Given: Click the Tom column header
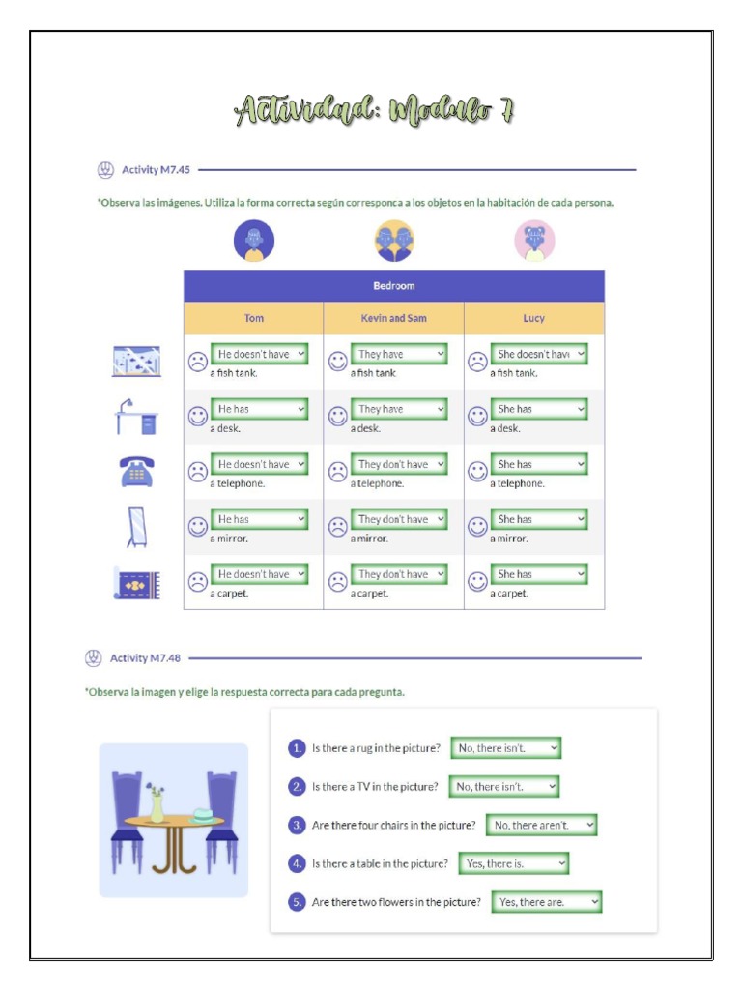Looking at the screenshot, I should pyautogui.click(x=253, y=318).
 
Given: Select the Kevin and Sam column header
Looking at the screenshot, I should pyautogui.click(x=393, y=318).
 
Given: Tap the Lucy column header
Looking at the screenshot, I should pyautogui.click(x=533, y=318).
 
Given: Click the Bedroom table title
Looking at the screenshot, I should pyautogui.click(x=393, y=286).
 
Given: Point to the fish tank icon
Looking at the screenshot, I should pyautogui.click(x=136, y=362).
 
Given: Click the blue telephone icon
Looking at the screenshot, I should pyautogui.click(x=136, y=472).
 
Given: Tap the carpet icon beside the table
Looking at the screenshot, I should pyautogui.click(x=136, y=584).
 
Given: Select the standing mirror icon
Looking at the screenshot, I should pyautogui.click(x=137, y=527).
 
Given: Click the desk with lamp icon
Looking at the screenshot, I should pyautogui.click(x=135, y=417).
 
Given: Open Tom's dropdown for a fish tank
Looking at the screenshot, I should pyautogui.click(x=260, y=354).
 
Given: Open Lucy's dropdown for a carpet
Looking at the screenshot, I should pyautogui.click(x=540, y=574).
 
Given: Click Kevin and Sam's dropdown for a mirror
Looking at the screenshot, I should pyautogui.click(x=400, y=519).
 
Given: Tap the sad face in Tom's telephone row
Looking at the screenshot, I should pyautogui.click(x=197, y=472).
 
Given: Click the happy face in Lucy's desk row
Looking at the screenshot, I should pyautogui.click(x=477, y=417).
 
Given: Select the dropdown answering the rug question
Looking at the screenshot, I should pyautogui.click(x=506, y=747).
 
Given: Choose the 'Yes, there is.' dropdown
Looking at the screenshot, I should pyautogui.click(x=513, y=863).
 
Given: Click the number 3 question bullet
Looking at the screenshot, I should pyautogui.click(x=298, y=825).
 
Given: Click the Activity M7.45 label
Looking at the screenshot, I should pyautogui.click(x=156, y=170).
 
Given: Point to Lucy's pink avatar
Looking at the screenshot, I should pyautogui.click(x=534, y=241).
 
